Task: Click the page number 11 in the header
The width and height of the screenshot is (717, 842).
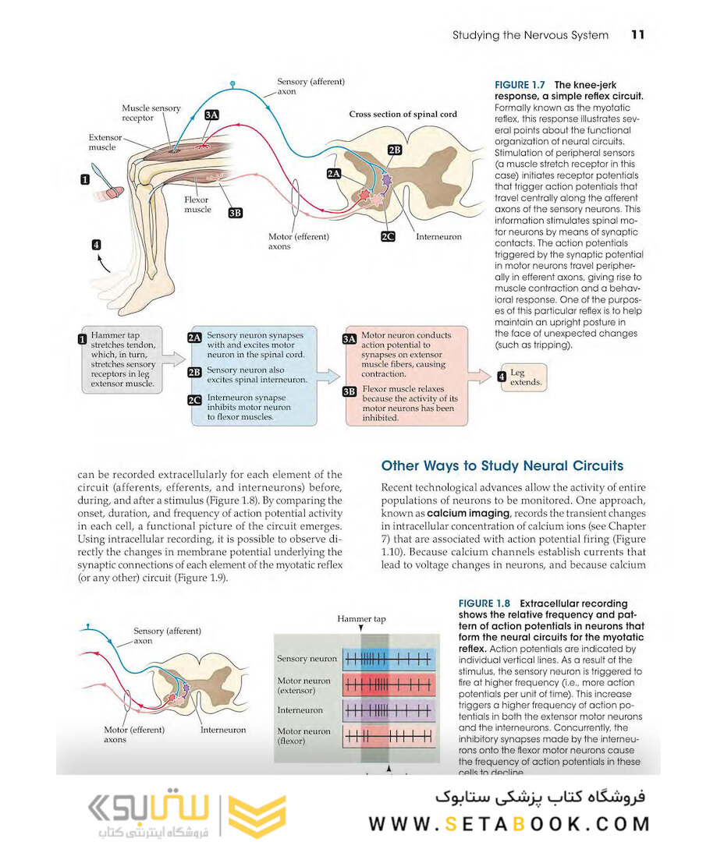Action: click(x=637, y=35)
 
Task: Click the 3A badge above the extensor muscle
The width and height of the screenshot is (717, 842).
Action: click(x=211, y=115)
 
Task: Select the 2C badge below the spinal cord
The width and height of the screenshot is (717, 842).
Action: click(x=388, y=236)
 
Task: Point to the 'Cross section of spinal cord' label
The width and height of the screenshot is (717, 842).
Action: click(x=403, y=114)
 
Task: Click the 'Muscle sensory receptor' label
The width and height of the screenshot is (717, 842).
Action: click(x=151, y=113)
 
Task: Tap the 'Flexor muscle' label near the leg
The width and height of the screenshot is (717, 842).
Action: click(x=197, y=204)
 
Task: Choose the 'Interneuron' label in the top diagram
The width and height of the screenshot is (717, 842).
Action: click(x=438, y=236)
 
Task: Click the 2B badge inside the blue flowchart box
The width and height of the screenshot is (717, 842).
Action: click(x=195, y=373)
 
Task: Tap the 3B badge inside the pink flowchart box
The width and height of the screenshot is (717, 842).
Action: click(x=350, y=391)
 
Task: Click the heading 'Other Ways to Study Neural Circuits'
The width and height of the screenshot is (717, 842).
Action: click(x=502, y=466)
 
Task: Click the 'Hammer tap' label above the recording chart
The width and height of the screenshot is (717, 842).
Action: click(x=361, y=619)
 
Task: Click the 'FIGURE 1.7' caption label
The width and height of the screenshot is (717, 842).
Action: click(x=520, y=84)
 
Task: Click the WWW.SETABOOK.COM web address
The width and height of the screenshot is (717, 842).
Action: click(x=509, y=823)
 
